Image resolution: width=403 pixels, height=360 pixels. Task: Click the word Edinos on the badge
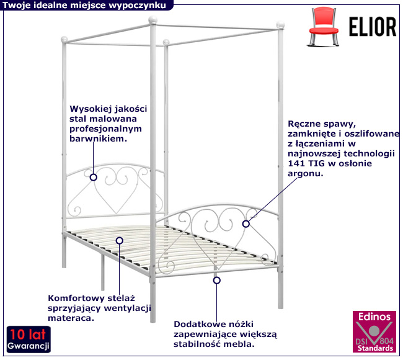point(373,317)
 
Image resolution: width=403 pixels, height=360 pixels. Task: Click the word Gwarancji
point(29,344)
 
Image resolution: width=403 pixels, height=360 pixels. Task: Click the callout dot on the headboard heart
point(93,177)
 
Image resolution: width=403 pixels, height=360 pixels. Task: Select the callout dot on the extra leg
point(217,281)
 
